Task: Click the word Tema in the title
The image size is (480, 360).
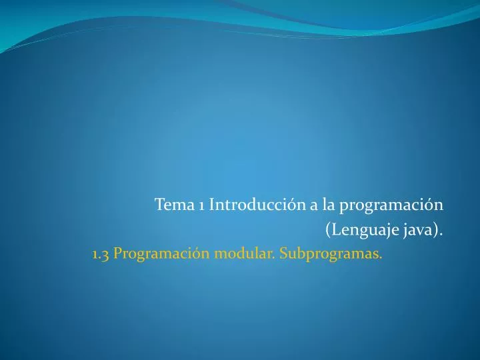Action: pos(174,204)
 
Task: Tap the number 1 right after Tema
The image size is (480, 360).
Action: pos(201,205)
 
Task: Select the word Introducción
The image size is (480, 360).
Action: pos(257,204)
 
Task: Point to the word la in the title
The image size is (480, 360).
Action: pos(329,204)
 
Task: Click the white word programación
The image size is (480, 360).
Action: pos(392,205)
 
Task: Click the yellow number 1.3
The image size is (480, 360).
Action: pos(101,254)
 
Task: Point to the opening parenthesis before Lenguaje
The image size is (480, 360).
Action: pos(328,231)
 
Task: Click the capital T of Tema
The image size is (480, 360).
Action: pos(159,204)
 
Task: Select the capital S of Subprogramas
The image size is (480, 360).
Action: pos(284,254)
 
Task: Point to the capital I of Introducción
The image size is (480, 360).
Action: pos(212,204)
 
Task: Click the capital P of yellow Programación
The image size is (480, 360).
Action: pos(117,254)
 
